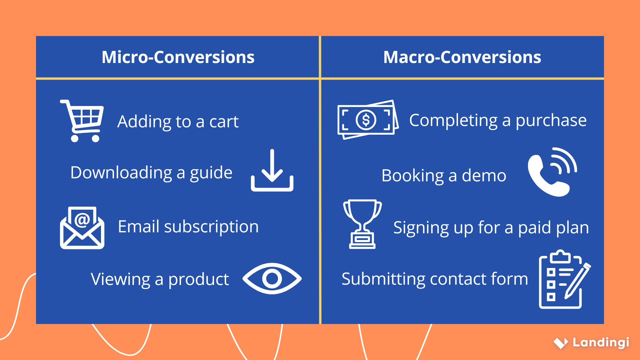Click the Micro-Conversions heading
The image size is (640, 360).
[178, 57]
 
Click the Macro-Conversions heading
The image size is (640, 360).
[462, 57]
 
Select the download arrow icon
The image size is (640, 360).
[272, 171]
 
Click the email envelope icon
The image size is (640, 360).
[82, 228]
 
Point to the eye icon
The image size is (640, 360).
[272, 279]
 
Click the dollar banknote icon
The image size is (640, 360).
[367, 120]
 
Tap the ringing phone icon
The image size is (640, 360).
[552, 172]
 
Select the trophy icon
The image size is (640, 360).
[362, 224]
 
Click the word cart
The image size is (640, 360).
[224, 122]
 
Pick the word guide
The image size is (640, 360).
[211, 173]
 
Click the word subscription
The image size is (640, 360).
[211, 227]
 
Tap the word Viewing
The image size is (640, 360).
[120, 279]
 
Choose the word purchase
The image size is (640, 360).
[551, 120]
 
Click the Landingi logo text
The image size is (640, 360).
[601, 342]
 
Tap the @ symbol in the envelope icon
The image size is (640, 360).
[82, 220]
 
